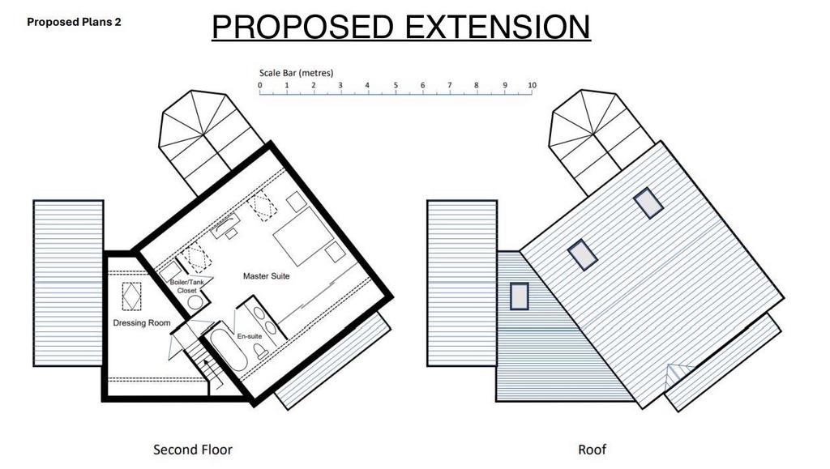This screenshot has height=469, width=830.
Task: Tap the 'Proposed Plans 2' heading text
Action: [74, 22]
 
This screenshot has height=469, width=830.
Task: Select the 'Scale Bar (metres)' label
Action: [296, 73]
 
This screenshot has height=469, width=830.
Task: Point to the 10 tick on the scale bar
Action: [532, 85]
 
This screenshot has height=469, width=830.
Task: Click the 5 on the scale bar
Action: [396, 85]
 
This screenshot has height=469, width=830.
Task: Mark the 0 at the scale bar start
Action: [260, 85]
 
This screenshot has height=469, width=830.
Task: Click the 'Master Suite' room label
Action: [266, 276]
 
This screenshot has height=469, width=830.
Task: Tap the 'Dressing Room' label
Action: [142, 322]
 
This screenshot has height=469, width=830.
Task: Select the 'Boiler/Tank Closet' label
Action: [187, 286]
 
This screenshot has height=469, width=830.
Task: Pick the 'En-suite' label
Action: [250, 336]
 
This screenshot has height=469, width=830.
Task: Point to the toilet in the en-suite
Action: [260, 351]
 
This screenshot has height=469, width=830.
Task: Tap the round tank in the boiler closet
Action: [195, 302]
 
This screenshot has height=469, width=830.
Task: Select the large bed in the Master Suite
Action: [303, 235]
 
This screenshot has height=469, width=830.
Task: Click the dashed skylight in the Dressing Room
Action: [132, 296]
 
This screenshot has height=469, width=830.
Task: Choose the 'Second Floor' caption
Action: [193, 450]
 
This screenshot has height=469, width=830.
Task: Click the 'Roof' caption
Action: [592, 450]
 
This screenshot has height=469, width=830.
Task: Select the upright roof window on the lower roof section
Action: [520, 296]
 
